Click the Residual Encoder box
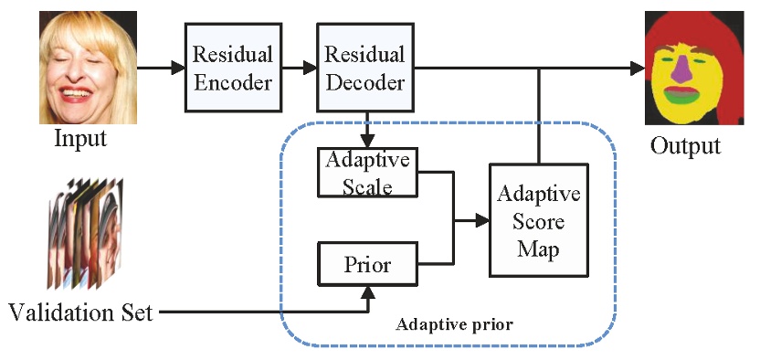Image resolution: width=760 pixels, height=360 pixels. coord(231,69)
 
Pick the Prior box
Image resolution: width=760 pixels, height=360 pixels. coord(367,265)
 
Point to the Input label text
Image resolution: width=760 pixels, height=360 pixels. coord(80,140)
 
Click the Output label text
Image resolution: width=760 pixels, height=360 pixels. coord(685,145)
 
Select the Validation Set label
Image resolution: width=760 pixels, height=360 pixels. coord(81,313)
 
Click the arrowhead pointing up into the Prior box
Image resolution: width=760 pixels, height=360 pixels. coord(368,292)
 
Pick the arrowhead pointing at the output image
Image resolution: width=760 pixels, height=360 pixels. coord(636,67)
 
